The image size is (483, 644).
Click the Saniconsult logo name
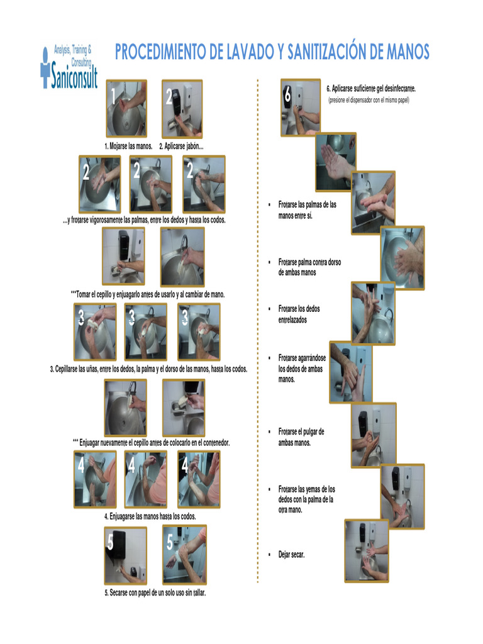pyautogui.click(x=74, y=76)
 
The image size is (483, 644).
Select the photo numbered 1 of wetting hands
pyautogui.click(x=126, y=108)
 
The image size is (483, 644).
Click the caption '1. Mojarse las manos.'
pyautogui.click(x=128, y=146)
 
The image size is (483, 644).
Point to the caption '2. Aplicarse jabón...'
pyautogui.click(x=181, y=146)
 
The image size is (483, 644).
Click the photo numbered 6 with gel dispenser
pyautogui.click(x=300, y=107)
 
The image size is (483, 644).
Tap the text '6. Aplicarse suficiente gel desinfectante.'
pyautogui.click(x=371, y=88)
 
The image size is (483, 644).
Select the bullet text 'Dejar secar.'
pyautogui.click(x=291, y=555)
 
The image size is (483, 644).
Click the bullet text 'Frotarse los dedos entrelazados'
pyautogui.click(x=299, y=314)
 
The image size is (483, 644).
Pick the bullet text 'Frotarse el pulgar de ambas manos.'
pyautogui.click(x=301, y=437)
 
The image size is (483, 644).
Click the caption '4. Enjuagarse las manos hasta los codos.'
pyautogui.click(x=150, y=516)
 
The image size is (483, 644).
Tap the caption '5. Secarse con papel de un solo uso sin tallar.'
pyautogui.click(x=155, y=592)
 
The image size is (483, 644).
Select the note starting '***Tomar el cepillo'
pyautogui.click(x=148, y=294)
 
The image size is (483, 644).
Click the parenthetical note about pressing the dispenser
pyautogui.click(x=369, y=100)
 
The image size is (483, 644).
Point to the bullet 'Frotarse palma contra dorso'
pyautogui.click(x=309, y=267)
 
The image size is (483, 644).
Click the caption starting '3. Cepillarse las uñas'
pyautogui.click(x=148, y=369)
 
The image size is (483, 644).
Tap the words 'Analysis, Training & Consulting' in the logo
pyautogui.click(x=73, y=55)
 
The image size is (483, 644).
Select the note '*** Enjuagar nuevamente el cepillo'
pyautogui.click(x=151, y=442)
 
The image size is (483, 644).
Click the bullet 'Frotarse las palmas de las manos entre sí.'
pyautogui.click(x=307, y=210)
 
